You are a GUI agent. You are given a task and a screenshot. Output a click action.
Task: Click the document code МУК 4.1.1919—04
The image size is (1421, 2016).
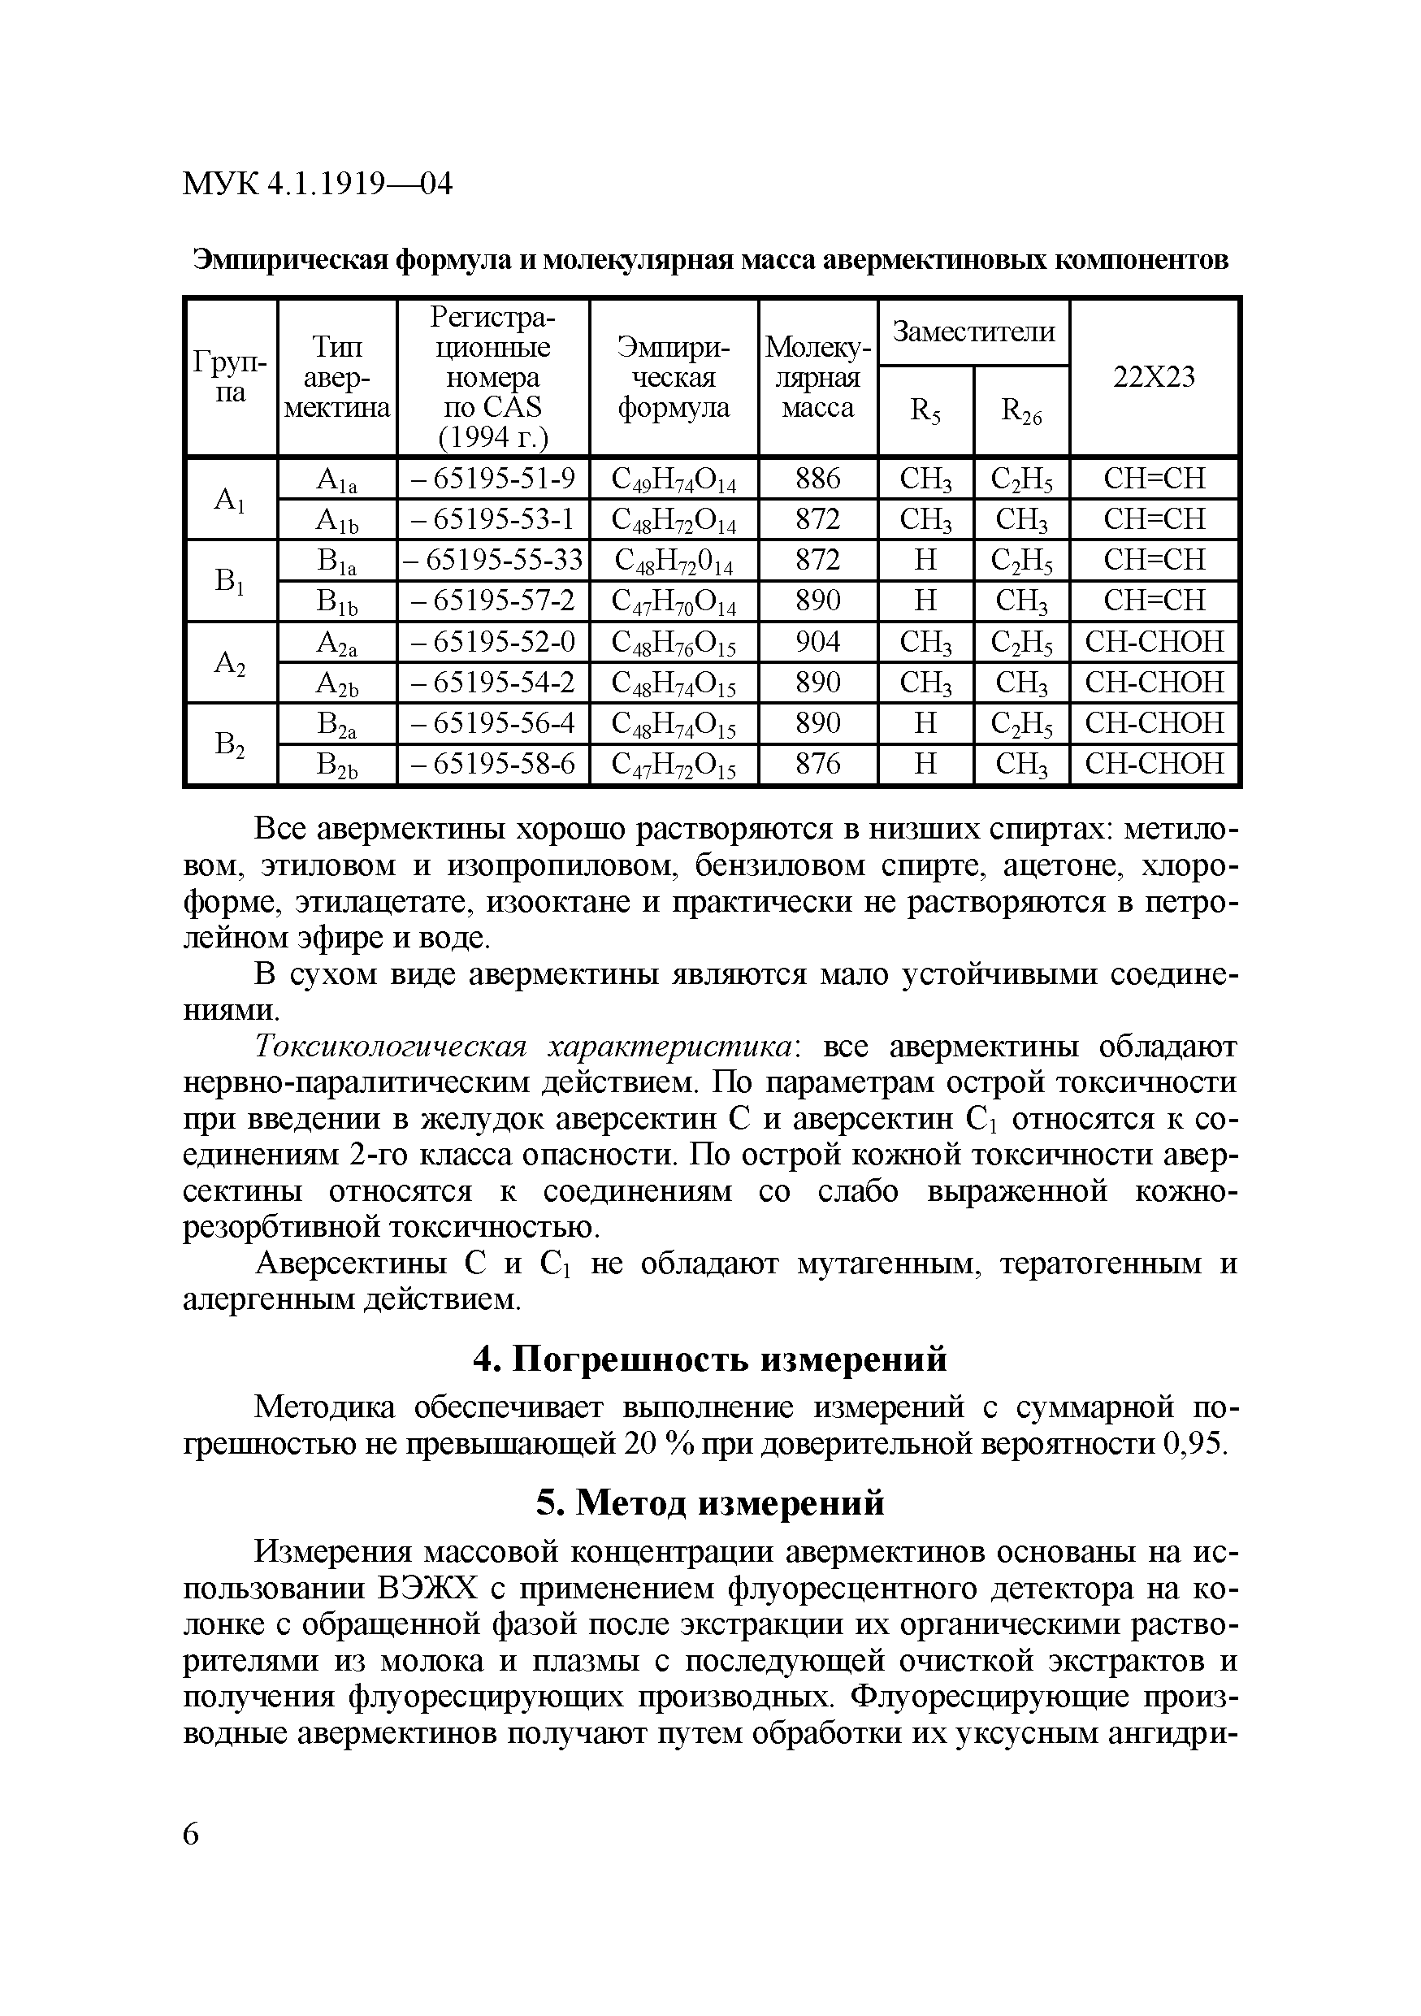[x=317, y=184]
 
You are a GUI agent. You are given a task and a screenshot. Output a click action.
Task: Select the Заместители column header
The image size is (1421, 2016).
[x=973, y=332]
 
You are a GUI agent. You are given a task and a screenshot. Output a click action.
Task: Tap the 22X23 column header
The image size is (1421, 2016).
[x=1155, y=377]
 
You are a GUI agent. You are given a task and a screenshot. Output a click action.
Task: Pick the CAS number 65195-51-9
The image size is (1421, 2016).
[x=493, y=479]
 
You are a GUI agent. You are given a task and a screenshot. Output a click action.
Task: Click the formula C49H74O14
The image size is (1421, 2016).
[x=674, y=479]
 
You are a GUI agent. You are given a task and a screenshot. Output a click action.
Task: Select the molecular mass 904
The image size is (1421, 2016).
[x=817, y=642]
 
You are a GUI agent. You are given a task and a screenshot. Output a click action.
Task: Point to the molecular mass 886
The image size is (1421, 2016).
[x=817, y=479]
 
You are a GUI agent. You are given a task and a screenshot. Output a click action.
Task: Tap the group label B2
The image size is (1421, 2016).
[x=230, y=744]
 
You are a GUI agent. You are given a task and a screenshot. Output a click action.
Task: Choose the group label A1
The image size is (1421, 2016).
[x=230, y=500]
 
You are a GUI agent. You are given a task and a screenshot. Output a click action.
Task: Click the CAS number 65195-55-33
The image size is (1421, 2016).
[x=493, y=560]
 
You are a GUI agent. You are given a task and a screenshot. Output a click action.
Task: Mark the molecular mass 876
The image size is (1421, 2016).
[x=817, y=764]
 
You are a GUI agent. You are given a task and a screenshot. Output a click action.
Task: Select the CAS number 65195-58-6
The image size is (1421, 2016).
[x=493, y=764]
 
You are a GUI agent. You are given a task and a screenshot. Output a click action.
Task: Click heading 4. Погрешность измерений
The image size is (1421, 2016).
[x=710, y=1359]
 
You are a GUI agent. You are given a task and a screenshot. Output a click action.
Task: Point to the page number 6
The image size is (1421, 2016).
[x=192, y=1833]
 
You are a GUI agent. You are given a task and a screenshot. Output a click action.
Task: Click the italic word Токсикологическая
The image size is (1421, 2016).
[x=390, y=1047]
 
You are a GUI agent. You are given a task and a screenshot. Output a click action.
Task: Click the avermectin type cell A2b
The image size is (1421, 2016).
[x=337, y=683]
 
